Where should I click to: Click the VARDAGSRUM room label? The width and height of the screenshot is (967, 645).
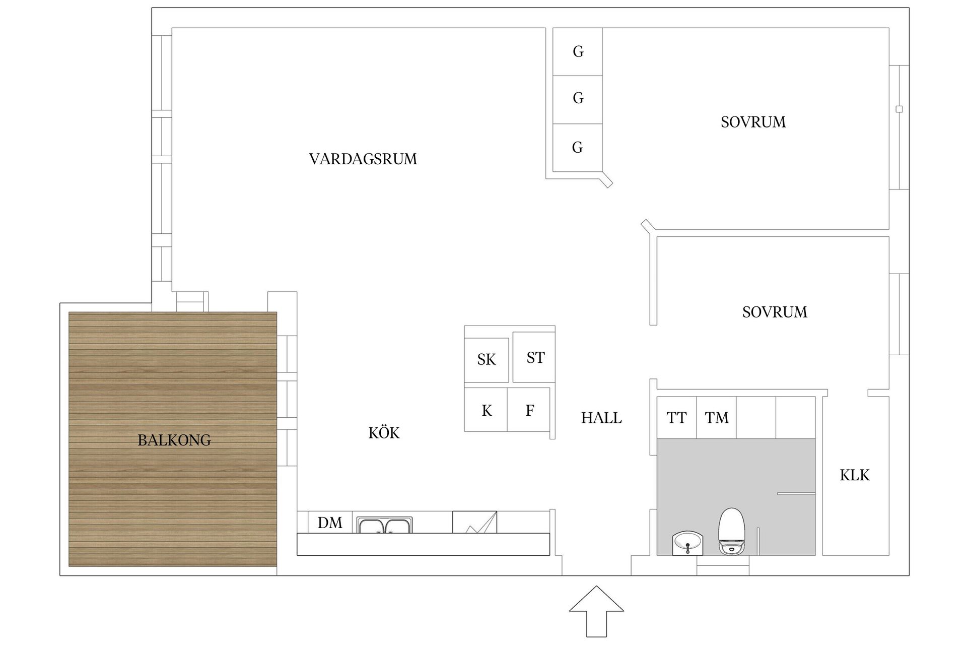(x=363, y=159)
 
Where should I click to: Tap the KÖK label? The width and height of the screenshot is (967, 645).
(x=384, y=433)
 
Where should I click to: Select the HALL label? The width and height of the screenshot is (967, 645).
(x=601, y=418)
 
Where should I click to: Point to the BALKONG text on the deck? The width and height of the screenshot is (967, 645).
(x=174, y=440)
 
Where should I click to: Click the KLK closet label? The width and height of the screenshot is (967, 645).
(x=855, y=475)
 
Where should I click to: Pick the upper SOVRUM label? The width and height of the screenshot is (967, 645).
(x=753, y=122)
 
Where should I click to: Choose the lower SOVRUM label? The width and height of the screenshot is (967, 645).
(x=775, y=312)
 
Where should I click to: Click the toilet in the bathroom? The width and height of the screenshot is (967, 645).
(x=732, y=532)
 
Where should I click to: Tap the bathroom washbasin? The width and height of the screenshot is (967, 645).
(x=687, y=544)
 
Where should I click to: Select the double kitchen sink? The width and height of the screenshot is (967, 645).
(x=385, y=525)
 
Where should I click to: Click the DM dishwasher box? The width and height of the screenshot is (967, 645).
(x=330, y=523)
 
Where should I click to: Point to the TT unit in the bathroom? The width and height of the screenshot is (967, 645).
(x=676, y=418)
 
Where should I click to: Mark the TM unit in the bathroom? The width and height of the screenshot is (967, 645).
(x=716, y=418)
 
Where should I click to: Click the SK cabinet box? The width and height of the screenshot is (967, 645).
(x=487, y=360)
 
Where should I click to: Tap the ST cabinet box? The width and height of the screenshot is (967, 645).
(x=535, y=357)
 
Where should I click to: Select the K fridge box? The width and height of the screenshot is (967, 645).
(x=486, y=410)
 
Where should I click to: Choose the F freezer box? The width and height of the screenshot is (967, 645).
(x=529, y=410)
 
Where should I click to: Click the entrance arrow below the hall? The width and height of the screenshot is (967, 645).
(x=596, y=611)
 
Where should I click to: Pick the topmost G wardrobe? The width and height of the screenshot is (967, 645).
(x=578, y=51)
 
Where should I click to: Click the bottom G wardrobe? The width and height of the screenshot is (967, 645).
(x=578, y=147)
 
